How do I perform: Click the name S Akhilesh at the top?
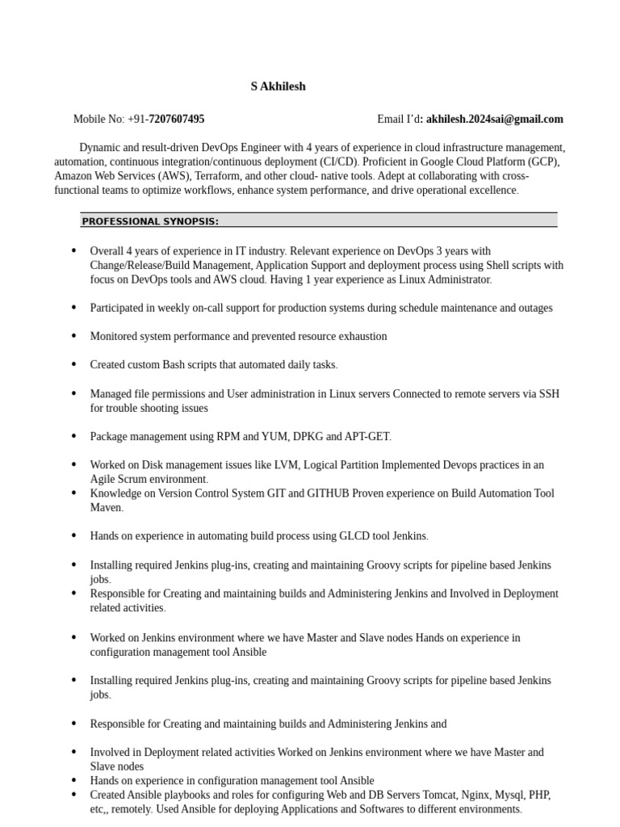278,86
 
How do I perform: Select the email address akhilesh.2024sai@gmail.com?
495,120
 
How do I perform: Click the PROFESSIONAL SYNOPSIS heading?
150,221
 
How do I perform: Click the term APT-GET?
367,436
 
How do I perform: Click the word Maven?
105,508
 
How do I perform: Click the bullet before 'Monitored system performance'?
74,336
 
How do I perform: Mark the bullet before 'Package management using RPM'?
74,436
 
